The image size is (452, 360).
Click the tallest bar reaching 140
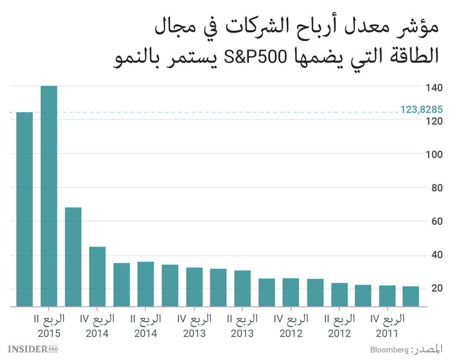(49, 196)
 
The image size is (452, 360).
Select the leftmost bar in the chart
(24, 209)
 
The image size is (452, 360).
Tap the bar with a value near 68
(73, 257)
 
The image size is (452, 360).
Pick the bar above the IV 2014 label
(97, 277)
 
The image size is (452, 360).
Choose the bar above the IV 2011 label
(387, 296)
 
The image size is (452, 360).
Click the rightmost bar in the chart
(411, 297)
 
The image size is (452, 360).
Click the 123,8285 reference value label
(422, 110)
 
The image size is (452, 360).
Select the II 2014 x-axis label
(145, 325)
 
